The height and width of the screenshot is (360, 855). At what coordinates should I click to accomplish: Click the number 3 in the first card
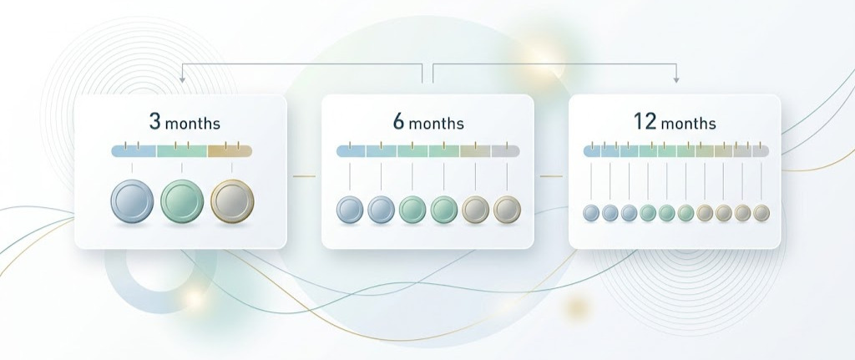[155, 122]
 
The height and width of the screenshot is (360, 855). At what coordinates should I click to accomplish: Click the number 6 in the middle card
[399, 122]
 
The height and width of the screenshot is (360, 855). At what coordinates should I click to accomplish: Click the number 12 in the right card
[645, 122]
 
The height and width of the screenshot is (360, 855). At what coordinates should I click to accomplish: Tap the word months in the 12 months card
[689, 124]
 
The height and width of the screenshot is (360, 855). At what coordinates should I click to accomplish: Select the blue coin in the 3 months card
[132, 201]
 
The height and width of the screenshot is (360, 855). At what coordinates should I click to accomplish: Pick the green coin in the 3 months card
[182, 201]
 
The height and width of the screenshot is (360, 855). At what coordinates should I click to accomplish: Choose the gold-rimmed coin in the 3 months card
[232, 201]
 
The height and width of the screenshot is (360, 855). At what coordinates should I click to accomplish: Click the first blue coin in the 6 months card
[350, 210]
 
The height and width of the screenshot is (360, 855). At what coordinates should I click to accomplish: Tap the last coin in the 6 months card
[507, 210]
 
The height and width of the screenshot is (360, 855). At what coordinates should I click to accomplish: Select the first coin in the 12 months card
[591, 213]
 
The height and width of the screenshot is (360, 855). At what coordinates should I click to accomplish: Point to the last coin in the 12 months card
[761, 213]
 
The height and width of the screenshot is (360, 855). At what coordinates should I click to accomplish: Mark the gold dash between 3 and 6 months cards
[304, 176]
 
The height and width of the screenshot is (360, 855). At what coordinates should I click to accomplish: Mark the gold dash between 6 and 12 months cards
[551, 176]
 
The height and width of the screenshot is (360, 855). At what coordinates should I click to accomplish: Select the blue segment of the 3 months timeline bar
[134, 151]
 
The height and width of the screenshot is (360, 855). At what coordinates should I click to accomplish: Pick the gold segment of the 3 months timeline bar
[230, 151]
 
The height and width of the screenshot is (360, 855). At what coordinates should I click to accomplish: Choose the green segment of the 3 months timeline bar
[182, 151]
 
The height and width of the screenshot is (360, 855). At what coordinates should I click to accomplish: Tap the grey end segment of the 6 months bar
[505, 151]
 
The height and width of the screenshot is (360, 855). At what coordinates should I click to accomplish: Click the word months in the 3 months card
[193, 124]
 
